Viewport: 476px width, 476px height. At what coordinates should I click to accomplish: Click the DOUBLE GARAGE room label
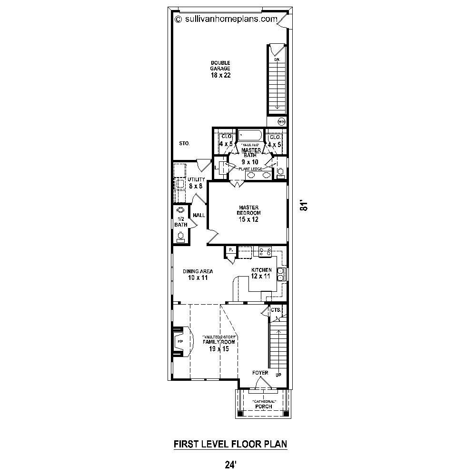pyautogui.click(x=220, y=66)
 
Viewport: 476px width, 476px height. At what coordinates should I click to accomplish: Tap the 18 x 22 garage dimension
pyautogui.click(x=220, y=75)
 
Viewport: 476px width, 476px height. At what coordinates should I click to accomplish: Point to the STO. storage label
pyautogui.click(x=185, y=143)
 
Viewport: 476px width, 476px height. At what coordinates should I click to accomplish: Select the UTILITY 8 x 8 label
pyautogui.click(x=196, y=183)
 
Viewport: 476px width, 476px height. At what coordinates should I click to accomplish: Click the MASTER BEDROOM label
pyautogui.click(x=248, y=210)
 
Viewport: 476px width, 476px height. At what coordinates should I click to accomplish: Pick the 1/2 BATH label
pyautogui.click(x=180, y=221)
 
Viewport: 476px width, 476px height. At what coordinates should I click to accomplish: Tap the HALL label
pyautogui.click(x=199, y=216)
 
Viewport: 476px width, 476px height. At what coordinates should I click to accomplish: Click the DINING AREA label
pyautogui.click(x=198, y=272)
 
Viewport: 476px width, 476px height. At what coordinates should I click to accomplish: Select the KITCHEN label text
pyautogui.click(x=261, y=270)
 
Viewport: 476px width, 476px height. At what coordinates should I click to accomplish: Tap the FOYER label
pyautogui.click(x=261, y=373)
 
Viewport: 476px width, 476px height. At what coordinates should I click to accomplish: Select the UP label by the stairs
pyautogui.click(x=278, y=375)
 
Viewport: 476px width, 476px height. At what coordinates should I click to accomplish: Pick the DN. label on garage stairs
pyautogui.click(x=277, y=59)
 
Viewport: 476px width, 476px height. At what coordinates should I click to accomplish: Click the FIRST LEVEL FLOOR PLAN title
pyautogui.click(x=230, y=444)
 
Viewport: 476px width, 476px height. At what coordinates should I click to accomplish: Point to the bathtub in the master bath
pyautogui.click(x=249, y=135)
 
